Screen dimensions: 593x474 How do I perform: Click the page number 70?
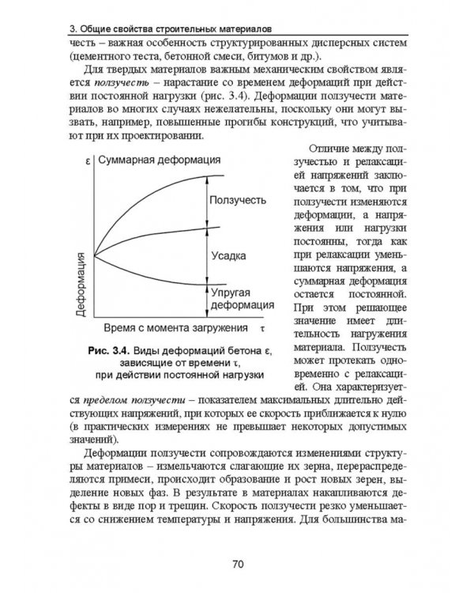click(237, 564)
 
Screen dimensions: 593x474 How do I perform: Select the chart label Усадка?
click(230, 256)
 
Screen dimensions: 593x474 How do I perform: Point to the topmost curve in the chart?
click(158, 194)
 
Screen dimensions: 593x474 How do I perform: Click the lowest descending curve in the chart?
click(158, 277)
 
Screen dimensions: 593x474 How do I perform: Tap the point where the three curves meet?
click(94, 255)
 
